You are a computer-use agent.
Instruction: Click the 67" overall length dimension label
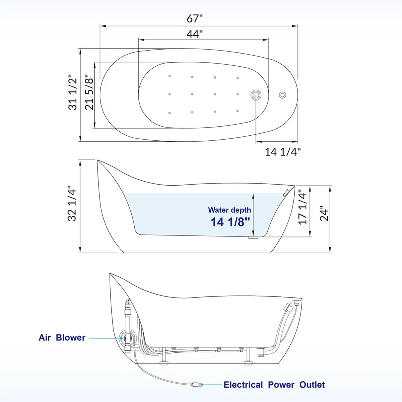(x=195, y=18)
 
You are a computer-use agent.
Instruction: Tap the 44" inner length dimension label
(x=195, y=34)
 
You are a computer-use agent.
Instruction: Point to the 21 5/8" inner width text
(x=89, y=92)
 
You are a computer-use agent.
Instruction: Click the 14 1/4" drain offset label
(x=283, y=152)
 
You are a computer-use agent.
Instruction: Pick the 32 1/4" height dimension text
(x=72, y=203)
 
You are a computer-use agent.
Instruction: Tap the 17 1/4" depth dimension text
(x=303, y=207)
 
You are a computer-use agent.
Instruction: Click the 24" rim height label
(x=324, y=213)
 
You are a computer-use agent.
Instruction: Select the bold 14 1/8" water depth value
(x=230, y=222)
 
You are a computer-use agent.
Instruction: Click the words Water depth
(x=229, y=210)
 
